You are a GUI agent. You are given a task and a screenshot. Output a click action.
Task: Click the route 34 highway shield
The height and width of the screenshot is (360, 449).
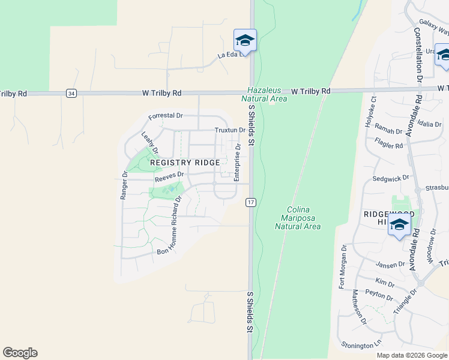click(71, 94)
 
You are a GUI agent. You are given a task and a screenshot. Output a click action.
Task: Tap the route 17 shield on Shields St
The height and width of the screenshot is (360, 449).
click(250, 203)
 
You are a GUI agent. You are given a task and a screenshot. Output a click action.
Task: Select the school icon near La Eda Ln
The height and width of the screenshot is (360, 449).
click(245, 41)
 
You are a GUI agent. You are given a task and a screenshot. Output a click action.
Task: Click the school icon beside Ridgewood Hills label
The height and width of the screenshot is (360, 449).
click(399, 226)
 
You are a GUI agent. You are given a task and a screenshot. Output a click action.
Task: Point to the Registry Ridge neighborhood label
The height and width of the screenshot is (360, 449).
click(185, 163)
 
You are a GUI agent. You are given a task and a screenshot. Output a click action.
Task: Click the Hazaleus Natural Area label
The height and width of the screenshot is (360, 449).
click(264, 94)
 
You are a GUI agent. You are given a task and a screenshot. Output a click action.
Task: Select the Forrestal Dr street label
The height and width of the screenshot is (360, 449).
click(166, 115)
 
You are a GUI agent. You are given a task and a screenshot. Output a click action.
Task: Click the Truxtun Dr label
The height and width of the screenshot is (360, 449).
click(230, 130)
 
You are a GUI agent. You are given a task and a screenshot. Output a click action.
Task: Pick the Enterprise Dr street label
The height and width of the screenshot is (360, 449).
click(237, 163)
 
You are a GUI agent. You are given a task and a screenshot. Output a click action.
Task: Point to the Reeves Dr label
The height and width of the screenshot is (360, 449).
click(168, 178)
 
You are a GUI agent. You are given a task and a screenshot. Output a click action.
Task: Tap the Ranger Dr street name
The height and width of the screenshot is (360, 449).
click(124, 186)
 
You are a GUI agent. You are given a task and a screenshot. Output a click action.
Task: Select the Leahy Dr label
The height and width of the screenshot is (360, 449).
click(149, 143)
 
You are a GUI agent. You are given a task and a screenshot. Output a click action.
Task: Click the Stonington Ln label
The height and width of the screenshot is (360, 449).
click(361, 345)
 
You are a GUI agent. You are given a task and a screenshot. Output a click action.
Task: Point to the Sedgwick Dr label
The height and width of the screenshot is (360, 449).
click(391, 178)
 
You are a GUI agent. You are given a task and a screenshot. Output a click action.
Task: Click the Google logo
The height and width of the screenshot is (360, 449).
click(20, 353)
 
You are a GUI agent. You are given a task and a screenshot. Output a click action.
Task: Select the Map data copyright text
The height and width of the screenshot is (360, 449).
click(412, 355)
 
